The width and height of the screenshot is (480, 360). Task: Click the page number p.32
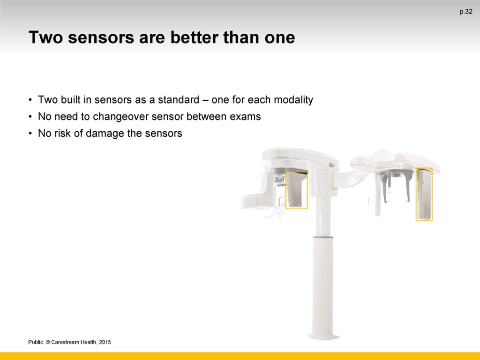466,12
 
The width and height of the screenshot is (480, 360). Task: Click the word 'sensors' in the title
101,37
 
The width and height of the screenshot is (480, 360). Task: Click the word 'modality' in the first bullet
293,100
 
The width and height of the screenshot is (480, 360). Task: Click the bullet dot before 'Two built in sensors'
30,100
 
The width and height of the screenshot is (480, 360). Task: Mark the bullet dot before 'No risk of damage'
30,134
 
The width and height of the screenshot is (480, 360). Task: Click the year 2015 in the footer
105,342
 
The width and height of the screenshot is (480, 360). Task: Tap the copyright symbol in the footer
48,342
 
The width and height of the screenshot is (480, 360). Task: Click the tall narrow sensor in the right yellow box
424,194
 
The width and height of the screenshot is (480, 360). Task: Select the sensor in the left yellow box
296,190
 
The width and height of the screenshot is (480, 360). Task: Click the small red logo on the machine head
331,165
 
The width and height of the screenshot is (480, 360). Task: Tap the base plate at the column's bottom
323,337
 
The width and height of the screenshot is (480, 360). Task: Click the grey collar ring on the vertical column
323,237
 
